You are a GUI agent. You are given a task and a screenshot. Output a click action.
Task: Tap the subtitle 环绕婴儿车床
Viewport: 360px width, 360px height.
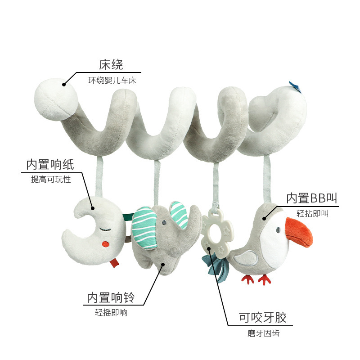[x=112, y=81]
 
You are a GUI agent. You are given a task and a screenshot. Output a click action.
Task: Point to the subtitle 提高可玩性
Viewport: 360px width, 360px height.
[x=51, y=180]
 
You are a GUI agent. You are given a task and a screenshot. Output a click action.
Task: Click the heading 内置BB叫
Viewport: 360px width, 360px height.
[x=311, y=198]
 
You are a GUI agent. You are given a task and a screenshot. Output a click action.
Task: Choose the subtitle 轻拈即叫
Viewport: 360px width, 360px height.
[x=313, y=214]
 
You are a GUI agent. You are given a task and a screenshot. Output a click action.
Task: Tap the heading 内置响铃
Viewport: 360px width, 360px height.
[x=111, y=297]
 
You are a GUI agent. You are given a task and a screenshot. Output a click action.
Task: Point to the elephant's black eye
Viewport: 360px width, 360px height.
[x=165, y=222]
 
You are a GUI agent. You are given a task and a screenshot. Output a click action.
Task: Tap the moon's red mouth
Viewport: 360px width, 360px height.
[x=106, y=244]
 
